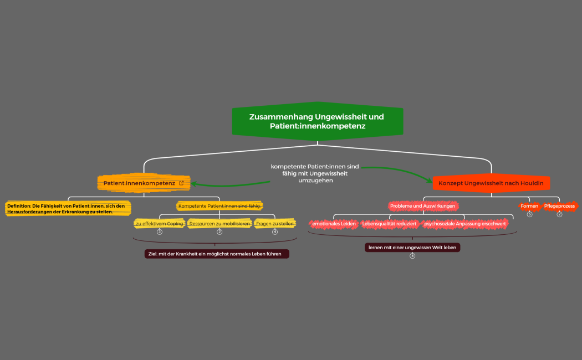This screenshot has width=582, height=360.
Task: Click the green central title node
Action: point(318,121)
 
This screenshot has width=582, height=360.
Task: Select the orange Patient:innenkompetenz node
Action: point(144,183)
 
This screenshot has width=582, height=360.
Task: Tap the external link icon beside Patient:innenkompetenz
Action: point(181,183)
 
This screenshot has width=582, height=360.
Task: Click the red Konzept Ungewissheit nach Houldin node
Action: point(491,183)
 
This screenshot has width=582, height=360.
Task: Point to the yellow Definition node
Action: point(68,208)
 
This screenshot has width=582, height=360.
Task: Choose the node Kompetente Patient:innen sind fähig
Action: point(219,206)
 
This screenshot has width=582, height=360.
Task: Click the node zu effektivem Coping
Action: point(160,224)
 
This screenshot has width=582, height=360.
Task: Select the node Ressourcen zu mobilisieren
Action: point(219,224)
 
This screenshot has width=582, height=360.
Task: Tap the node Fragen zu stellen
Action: point(275,224)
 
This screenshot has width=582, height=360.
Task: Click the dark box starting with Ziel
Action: point(217,254)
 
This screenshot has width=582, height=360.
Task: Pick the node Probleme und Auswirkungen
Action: point(423,206)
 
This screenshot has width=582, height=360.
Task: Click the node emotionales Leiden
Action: point(334,224)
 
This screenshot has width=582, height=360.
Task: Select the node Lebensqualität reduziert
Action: point(389,224)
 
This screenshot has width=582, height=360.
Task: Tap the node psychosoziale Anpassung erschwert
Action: point(464,224)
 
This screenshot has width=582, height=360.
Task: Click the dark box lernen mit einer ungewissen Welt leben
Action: point(412,247)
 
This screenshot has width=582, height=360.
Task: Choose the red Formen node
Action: point(529,206)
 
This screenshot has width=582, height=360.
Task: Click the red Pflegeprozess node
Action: point(559,206)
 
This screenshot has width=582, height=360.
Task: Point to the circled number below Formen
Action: point(530,214)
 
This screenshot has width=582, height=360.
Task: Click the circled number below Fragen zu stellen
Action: point(275,232)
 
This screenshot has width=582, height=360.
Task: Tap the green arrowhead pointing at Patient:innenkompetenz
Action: point(194,184)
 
